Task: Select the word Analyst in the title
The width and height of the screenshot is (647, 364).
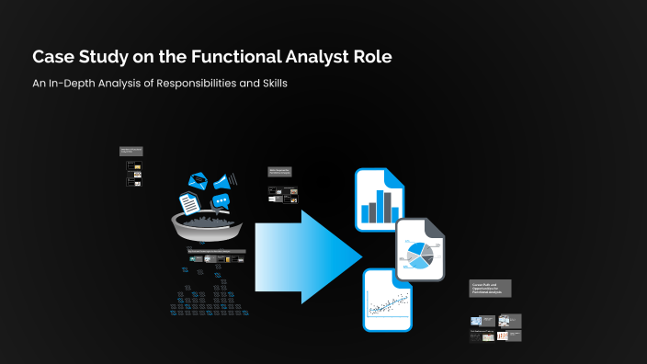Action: (306, 56)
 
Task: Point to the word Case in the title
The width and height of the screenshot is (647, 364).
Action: (53, 56)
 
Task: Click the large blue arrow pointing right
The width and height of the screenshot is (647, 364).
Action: (308, 250)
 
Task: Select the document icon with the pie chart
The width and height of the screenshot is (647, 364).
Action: (421, 250)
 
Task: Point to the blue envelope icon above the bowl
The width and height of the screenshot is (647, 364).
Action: (198, 181)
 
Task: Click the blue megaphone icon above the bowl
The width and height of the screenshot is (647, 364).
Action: (225, 178)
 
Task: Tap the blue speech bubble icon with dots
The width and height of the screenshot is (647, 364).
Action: (221, 201)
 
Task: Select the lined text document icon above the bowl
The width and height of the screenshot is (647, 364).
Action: (189, 201)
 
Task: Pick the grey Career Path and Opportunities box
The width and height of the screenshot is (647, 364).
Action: (490, 288)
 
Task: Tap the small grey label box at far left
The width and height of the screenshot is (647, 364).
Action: (131, 151)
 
